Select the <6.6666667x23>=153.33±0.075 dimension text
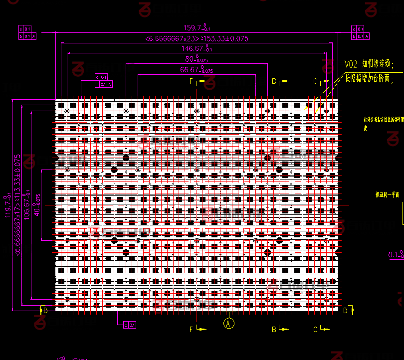tap(197, 38)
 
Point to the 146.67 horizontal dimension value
tap(197, 49)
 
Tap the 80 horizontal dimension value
tap(197, 59)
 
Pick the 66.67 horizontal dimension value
tap(196, 70)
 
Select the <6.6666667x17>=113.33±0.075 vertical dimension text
tap(18, 205)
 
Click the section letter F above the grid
tap(191, 81)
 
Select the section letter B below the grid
tap(274, 329)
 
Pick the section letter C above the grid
tap(315, 81)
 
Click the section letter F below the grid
tap(191, 329)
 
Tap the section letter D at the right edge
tap(345, 311)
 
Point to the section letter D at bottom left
tap(45, 311)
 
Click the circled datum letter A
tap(229, 323)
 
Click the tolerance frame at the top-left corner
tap(25, 32)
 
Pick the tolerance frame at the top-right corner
tap(360, 32)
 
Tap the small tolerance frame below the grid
tap(130, 325)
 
